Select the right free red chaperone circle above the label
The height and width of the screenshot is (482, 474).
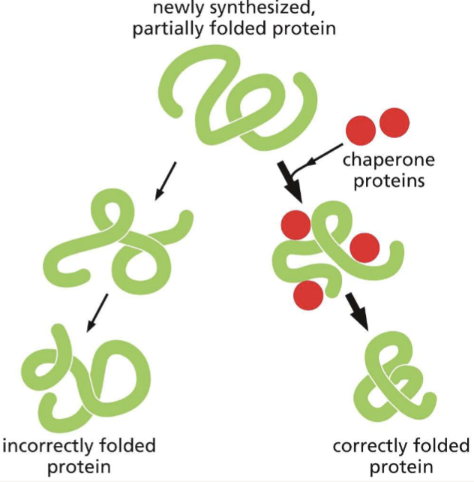(394, 122)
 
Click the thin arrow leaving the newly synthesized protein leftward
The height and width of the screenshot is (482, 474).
(166, 180)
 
